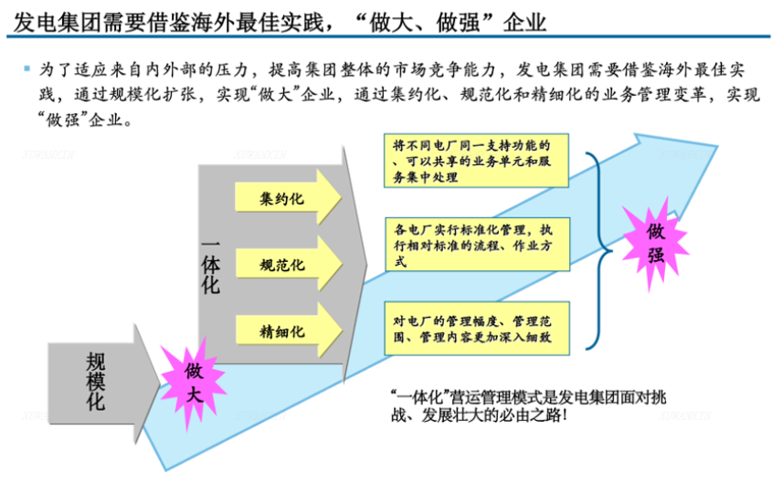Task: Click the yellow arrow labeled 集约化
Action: pos(288,197)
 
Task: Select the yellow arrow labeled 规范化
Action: pos(288,264)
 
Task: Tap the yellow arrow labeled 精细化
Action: pos(288,330)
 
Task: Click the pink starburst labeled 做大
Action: pos(194,383)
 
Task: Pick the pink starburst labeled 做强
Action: pos(656,244)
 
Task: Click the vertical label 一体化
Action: pos(211,267)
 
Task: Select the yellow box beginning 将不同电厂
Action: pos(476,161)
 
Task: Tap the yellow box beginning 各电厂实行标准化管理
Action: pos(478,245)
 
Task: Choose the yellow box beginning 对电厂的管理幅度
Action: pos(477,329)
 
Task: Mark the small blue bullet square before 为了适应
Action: pos(27,68)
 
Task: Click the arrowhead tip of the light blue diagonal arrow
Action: pos(717,146)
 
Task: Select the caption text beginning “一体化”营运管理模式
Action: pos(528,406)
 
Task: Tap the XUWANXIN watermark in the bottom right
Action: pos(684,415)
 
